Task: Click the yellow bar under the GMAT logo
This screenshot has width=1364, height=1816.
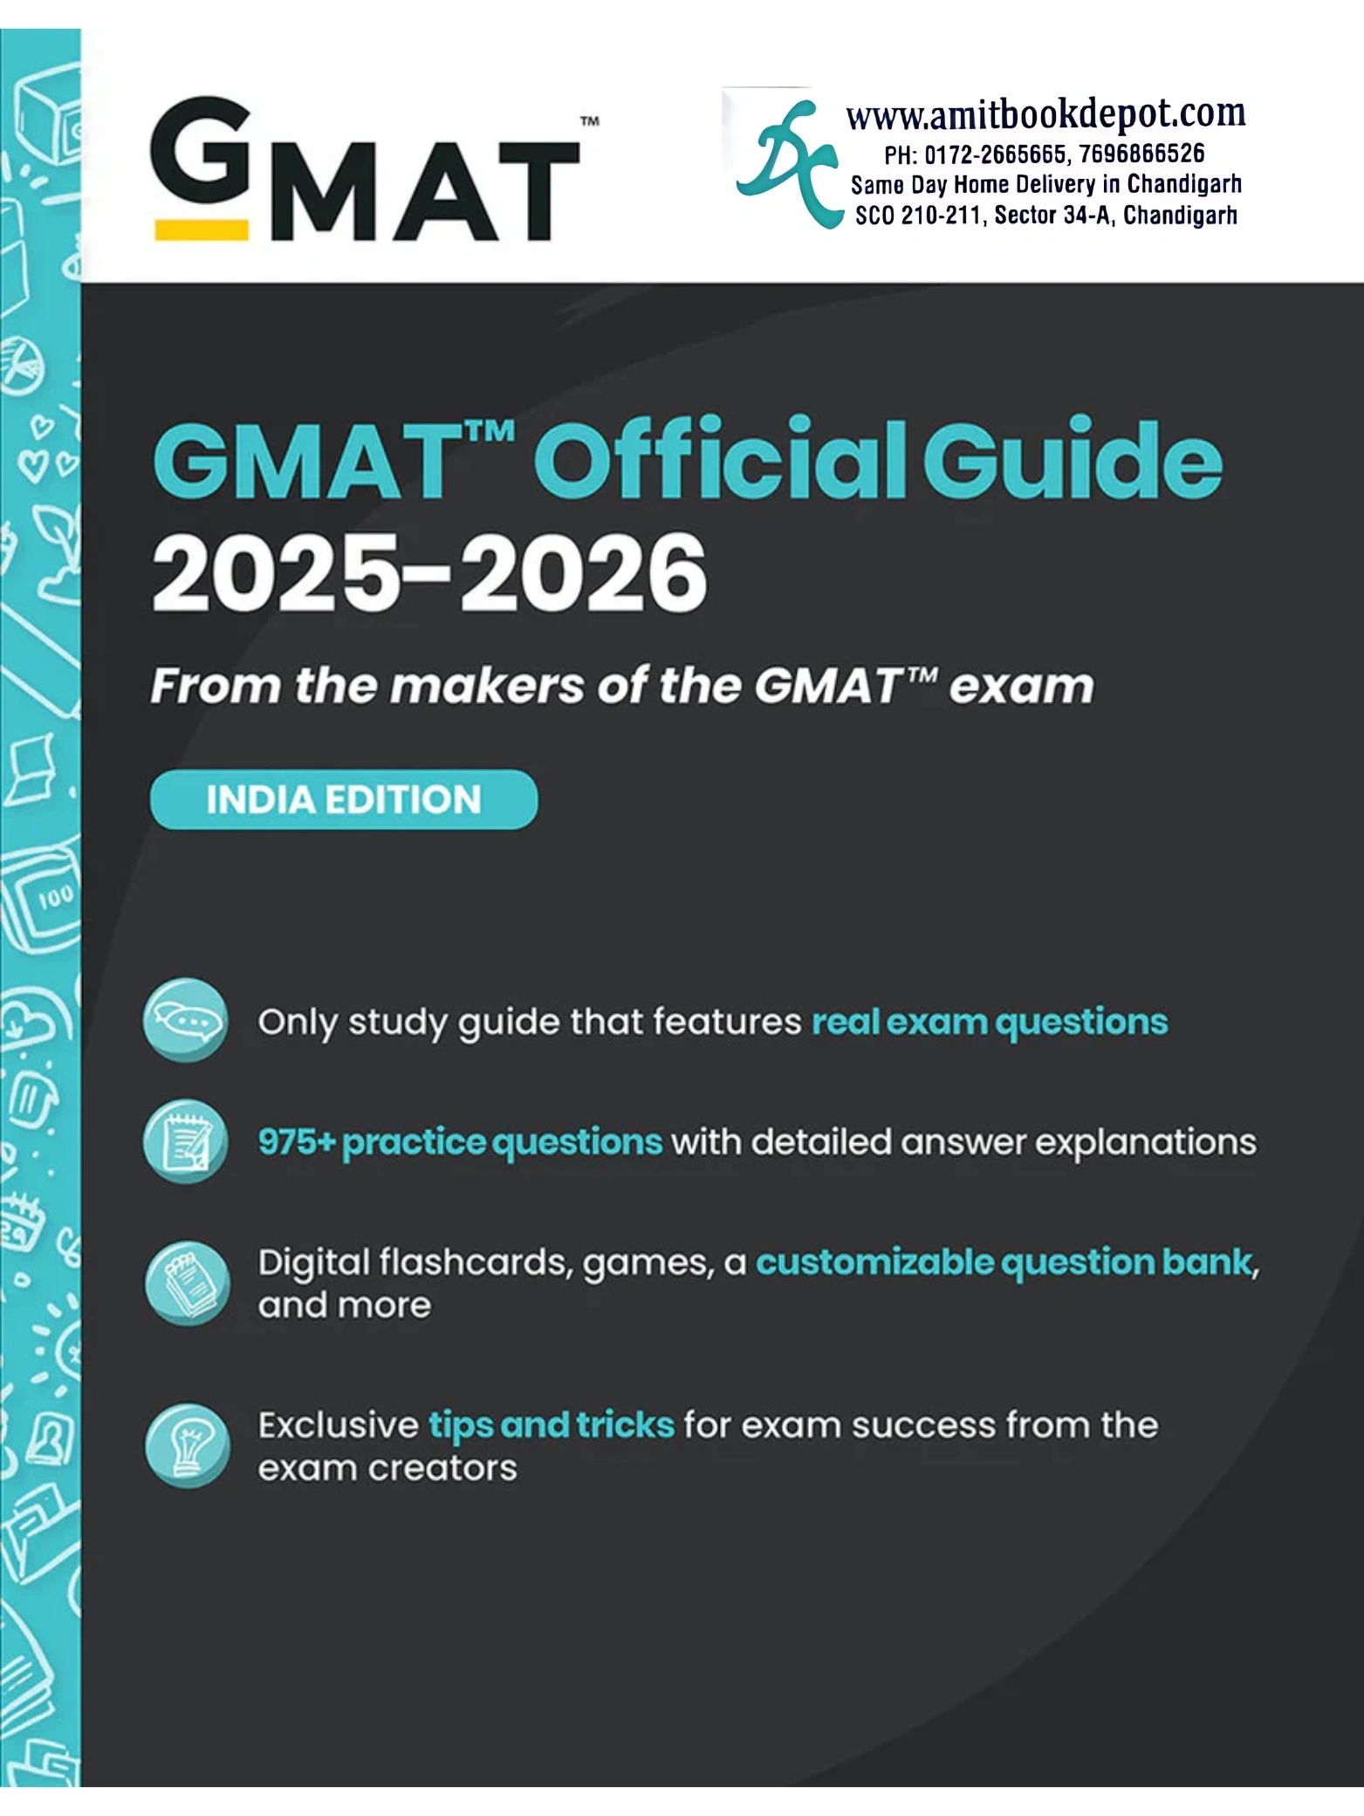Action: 202,230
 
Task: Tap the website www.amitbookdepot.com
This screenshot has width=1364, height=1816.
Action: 1045,114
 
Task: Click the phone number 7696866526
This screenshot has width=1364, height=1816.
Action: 1141,154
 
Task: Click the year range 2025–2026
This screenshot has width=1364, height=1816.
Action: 428,574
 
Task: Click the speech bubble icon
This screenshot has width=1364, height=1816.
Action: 185,1020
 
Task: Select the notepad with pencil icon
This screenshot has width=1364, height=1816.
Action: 185,1141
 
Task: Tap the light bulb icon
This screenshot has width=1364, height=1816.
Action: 187,1445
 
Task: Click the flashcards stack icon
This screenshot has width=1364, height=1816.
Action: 187,1284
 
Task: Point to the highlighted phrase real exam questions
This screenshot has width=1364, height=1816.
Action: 990,1022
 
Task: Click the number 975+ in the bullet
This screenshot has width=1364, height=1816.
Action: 297,1142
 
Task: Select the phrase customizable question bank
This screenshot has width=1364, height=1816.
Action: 1004,1263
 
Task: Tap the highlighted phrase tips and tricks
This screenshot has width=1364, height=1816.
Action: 551,1425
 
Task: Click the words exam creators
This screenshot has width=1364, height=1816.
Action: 387,1468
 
